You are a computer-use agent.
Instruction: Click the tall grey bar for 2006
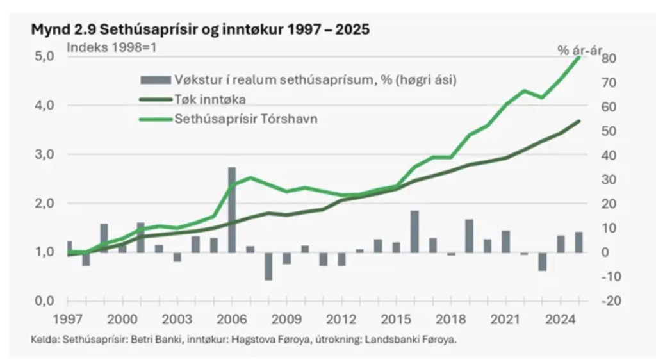(x=232, y=209)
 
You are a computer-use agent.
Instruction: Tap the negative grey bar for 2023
(x=542, y=261)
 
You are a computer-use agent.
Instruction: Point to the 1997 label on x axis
(x=67, y=318)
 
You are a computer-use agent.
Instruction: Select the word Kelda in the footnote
(x=42, y=340)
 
